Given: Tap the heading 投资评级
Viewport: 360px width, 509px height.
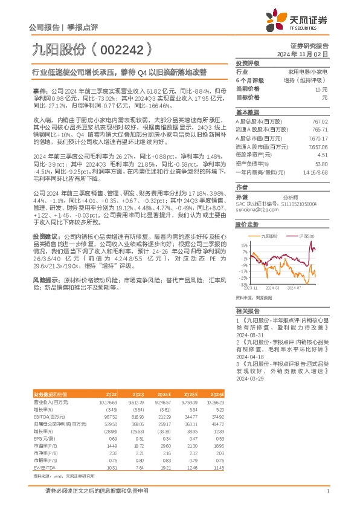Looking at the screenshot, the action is [248, 63].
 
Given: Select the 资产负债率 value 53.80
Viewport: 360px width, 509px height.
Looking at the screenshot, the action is [321, 163].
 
